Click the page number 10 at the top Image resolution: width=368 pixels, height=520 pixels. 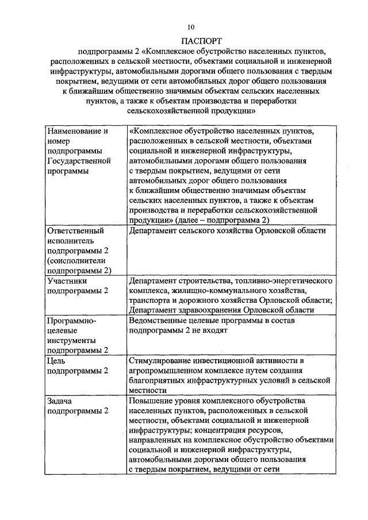click(191, 26)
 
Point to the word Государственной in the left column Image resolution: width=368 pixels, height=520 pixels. click(76, 161)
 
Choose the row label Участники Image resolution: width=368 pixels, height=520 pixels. click(67, 281)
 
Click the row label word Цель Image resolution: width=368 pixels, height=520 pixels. click(57, 360)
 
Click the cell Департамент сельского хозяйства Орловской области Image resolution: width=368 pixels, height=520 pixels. click(228, 231)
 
